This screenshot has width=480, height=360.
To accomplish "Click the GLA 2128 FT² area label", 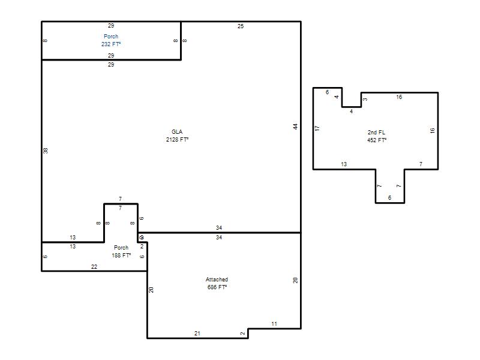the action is [177, 136].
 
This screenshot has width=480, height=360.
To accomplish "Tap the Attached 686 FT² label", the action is [217, 283].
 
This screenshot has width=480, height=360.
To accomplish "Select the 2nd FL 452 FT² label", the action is [377, 136].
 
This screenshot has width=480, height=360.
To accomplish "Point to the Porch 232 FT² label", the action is [111, 40].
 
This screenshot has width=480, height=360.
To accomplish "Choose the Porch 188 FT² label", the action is [121, 251].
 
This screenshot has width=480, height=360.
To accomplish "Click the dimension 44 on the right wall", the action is [295, 127].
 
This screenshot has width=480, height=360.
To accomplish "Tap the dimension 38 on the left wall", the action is [46, 151].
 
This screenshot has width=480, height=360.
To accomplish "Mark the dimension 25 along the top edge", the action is [241, 26].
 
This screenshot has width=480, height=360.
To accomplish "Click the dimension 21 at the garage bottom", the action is [197, 334].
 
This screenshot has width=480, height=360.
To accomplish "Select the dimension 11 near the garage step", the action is [274, 323].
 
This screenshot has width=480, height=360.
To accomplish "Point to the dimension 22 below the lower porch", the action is [94, 266].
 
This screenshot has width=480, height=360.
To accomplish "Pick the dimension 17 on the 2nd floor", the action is [317, 128].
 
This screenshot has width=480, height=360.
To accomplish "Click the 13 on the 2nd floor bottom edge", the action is [344, 164].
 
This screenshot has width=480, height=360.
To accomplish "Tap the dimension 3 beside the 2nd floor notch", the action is [365, 100].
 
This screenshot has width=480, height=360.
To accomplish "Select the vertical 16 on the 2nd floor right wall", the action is [432, 130].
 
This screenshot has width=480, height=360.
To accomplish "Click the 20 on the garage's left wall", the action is [151, 290].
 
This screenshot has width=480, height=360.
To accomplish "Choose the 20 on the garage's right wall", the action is [295, 280].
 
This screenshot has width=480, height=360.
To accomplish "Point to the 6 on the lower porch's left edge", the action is [46, 257].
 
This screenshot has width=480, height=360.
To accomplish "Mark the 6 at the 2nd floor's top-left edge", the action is [327, 92].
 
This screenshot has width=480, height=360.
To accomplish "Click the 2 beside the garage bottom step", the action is [243, 334].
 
